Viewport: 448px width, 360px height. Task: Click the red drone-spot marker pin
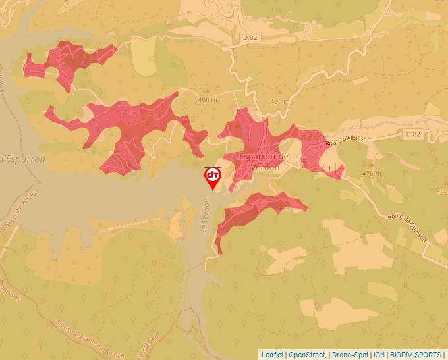click(x=213, y=177)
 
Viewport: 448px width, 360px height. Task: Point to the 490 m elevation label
click(x=207, y=100)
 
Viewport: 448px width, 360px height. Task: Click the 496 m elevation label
click(x=280, y=101)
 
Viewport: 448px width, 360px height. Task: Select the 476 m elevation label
click(x=372, y=174)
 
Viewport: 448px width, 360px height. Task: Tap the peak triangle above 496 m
click(x=279, y=91)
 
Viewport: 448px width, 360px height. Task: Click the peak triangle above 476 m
click(x=371, y=163)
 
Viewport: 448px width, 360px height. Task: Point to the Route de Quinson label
click(x=407, y=228)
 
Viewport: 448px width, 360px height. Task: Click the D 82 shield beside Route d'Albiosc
click(x=413, y=134)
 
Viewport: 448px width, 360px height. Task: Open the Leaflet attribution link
click(x=273, y=355)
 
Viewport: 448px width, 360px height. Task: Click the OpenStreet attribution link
click(x=307, y=355)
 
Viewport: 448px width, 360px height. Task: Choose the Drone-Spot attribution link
click(x=348, y=355)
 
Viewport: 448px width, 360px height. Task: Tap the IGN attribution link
click(x=379, y=355)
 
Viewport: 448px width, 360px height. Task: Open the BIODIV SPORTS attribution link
click(x=416, y=355)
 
